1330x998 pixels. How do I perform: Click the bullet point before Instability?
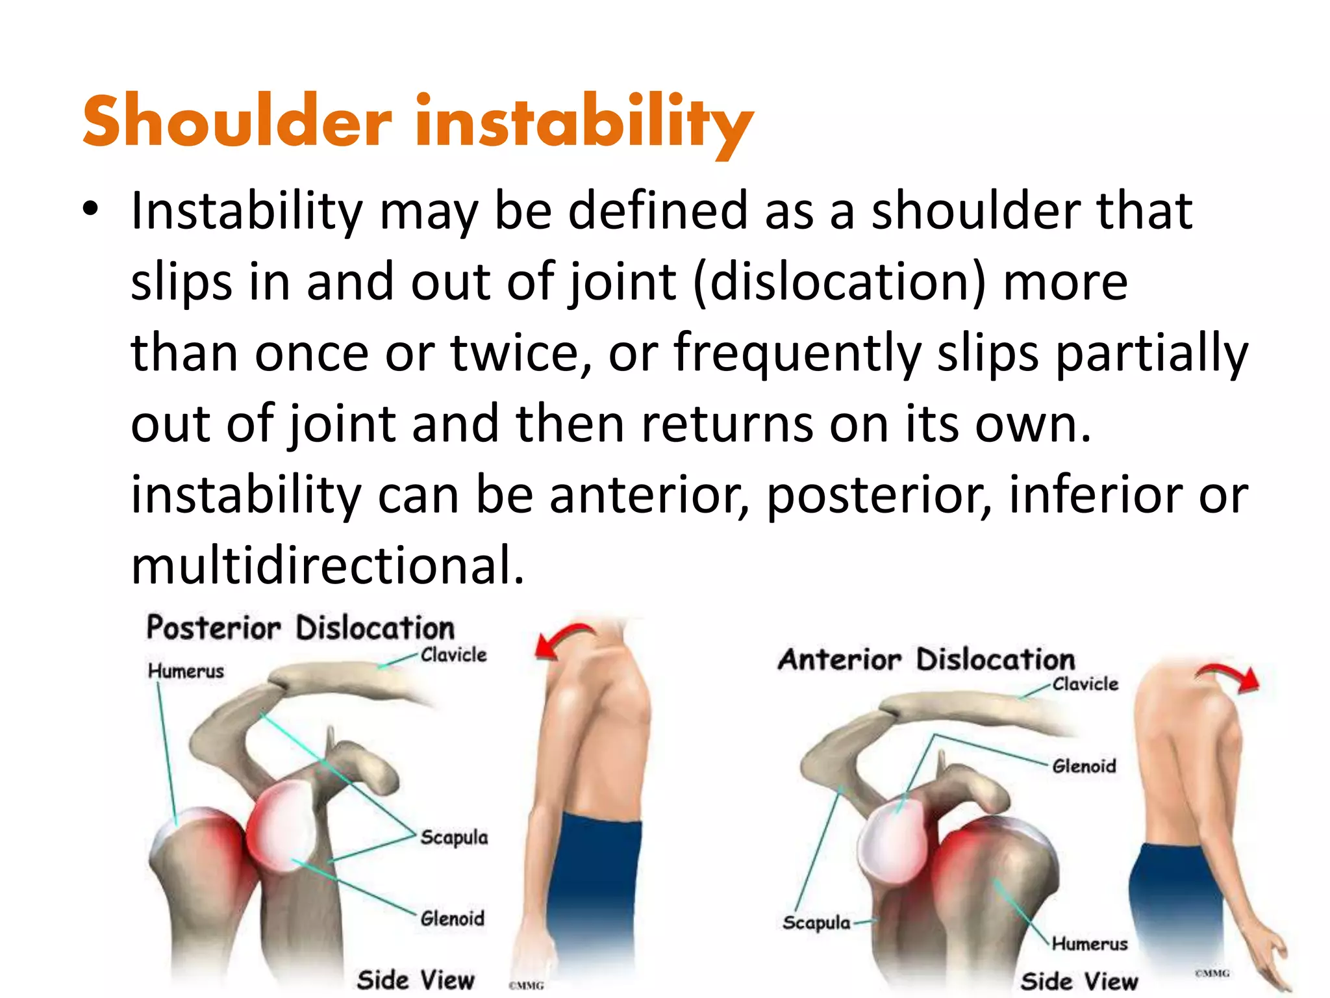[x=90, y=209]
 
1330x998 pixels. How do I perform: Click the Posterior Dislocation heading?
[x=300, y=628]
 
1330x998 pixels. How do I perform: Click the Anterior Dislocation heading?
[x=927, y=659]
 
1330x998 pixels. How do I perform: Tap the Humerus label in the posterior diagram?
[x=186, y=671]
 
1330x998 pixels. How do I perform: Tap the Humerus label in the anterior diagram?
[x=1089, y=943]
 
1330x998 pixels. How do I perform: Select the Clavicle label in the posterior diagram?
[x=453, y=655]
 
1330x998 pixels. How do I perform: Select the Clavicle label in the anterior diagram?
[x=1085, y=684]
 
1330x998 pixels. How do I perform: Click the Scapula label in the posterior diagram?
[x=453, y=838]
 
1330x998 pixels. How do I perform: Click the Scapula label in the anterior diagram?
[x=816, y=923]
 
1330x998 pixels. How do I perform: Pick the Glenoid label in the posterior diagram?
[x=452, y=919]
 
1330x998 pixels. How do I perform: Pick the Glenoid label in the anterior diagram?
[x=1084, y=766]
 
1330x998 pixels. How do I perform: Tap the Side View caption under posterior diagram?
[x=416, y=980]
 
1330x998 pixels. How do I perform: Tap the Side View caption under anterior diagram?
[x=1079, y=981]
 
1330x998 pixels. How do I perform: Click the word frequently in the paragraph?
[x=797, y=353]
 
